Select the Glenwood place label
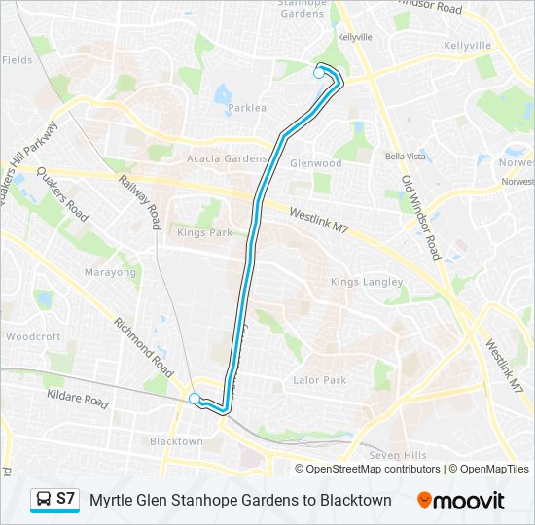point(316,163)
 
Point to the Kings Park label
point(204,232)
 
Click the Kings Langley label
point(366,282)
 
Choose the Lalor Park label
point(320,380)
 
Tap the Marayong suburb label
point(110,273)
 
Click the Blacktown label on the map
point(176,441)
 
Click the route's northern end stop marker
point(319,72)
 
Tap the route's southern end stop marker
point(195,398)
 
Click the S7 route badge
point(55,500)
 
